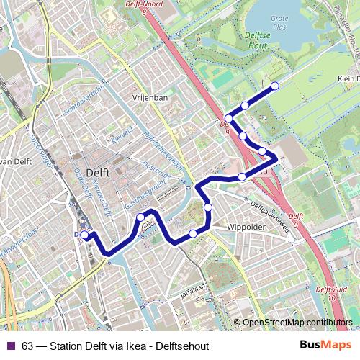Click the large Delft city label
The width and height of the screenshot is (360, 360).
point(98,173)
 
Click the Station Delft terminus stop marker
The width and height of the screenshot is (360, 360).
point(84,235)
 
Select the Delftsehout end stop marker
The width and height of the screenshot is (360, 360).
point(274,86)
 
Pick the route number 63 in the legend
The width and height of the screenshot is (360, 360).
point(27,346)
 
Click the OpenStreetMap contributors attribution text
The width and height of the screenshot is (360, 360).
point(297,323)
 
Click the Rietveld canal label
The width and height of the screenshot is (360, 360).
point(123,135)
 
